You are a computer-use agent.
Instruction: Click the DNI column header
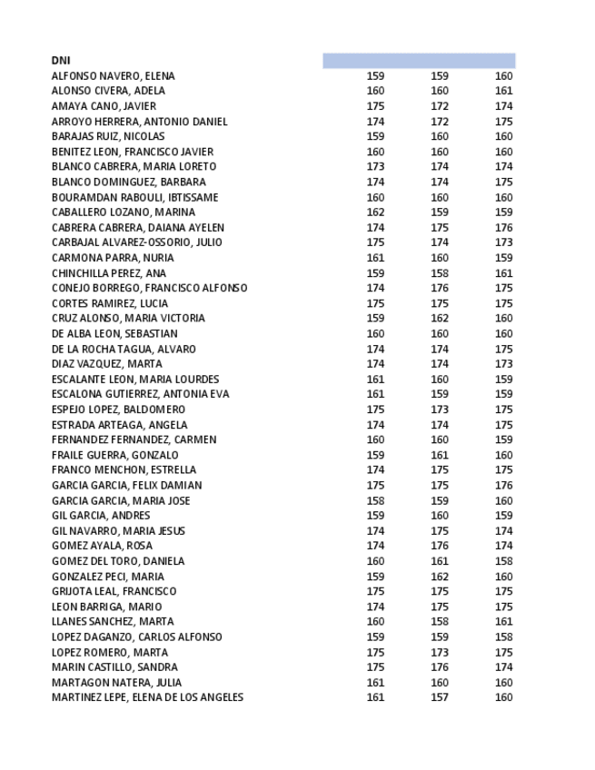click(x=61, y=61)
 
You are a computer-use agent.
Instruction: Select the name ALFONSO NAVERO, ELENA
click(x=113, y=76)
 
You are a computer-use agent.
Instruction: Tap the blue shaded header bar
click(x=418, y=61)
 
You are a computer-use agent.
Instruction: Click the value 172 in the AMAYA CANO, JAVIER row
click(x=440, y=106)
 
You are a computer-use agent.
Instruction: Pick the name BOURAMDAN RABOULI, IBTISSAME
click(x=134, y=197)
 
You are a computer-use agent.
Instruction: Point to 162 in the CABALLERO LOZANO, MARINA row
click(x=375, y=212)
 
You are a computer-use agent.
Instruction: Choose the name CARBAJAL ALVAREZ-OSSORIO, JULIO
click(x=136, y=242)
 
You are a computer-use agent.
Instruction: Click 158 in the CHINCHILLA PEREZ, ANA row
click(x=440, y=273)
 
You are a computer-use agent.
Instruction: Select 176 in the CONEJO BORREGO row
click(x=440, y=288)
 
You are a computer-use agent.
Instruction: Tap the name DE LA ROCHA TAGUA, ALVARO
click(x=124, y=349)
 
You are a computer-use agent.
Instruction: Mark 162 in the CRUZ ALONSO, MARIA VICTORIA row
click(x=440, y=319)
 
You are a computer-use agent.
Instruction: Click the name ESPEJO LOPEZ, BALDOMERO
click(x=118, y=410)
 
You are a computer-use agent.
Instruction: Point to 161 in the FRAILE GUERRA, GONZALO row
click(x=440, y=455)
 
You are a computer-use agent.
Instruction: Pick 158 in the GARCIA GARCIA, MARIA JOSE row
click(x=375, y=500)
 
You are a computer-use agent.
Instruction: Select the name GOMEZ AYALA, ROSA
click(x=102, y=546)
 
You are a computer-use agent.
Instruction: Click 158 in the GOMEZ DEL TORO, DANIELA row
click(x=503, y=561)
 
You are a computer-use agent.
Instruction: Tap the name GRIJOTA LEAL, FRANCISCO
click(x=114, y=591)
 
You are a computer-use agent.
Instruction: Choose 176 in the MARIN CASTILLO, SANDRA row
click(x=440, y=667)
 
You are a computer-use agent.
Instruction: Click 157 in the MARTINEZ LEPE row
click(x=440, y=697)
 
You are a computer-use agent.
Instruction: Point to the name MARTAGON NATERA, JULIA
click(x=116, y=683)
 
